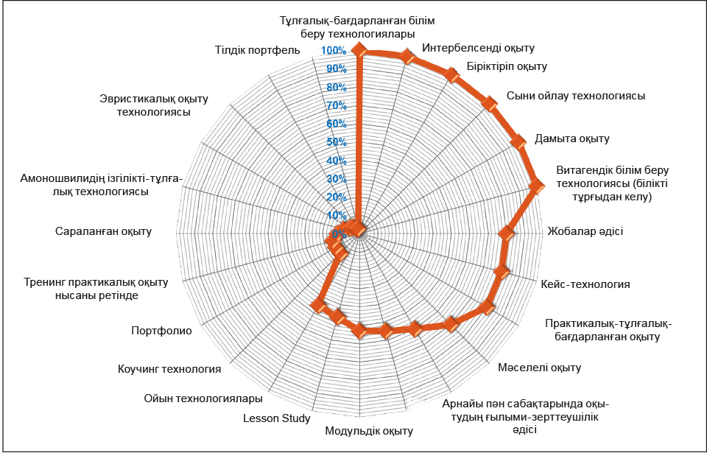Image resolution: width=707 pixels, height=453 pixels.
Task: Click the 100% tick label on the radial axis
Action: pyautogui.click(x=334, y=51)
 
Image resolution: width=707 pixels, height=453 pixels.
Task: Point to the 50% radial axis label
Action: pyautogui.click(x=337, y=143)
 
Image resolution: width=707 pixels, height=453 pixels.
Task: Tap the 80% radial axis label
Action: pyautogui.click(x=337, y=87)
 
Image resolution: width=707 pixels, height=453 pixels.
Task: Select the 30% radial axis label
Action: pyautogui.click(x=337, y=179)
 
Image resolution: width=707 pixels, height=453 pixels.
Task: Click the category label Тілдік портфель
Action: pyautogui.click(x=258, y=49)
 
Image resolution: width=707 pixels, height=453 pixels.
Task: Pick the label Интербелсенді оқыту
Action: pyautogui.click(x=478, y=48)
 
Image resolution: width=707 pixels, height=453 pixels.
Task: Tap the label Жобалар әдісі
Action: pyautogui.click(x=585, y=231)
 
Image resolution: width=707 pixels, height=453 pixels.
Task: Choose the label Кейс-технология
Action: pyautogui.click(x=585, y=284)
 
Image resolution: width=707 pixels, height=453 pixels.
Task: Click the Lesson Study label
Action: pyautogui.click(x=277, y=418)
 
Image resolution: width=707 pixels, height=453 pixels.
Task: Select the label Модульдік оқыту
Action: pyautogui.click(x=369, y=431)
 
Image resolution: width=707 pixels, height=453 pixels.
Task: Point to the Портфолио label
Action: pyautogui.click(x=161, y=331)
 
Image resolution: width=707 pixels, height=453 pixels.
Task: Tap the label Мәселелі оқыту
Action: pyautogui.click(x=539, y=368)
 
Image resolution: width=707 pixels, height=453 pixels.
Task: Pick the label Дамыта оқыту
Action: pyautogui.click(x=571, y=138)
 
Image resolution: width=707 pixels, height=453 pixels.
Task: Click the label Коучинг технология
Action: pyautogui.click(x=169, y=369)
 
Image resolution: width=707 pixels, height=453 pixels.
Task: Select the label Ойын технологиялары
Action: pyautogui.click(x=203, y=398)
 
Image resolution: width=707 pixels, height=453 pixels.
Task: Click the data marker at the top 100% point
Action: pyautogui.click(x=359, y=51)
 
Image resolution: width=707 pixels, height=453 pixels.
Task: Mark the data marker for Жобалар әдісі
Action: pyautogui.click(x=507, y=232)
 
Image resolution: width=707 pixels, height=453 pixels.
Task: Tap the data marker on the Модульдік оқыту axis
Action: pyautogui.click(x=359, y=331)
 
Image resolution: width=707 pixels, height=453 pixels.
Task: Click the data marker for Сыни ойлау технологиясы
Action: pyautogui.click(x=489, y=103)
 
